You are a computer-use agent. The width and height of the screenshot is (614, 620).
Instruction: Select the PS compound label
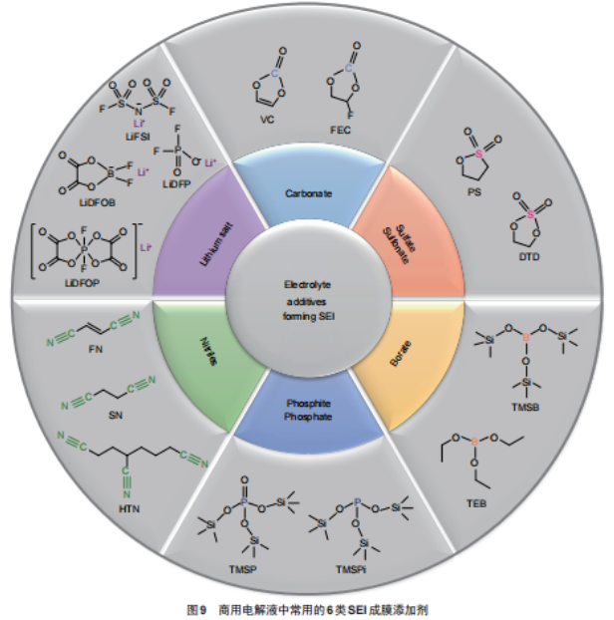pos(475,192)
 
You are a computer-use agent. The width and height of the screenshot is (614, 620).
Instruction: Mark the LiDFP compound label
pos(176,187)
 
